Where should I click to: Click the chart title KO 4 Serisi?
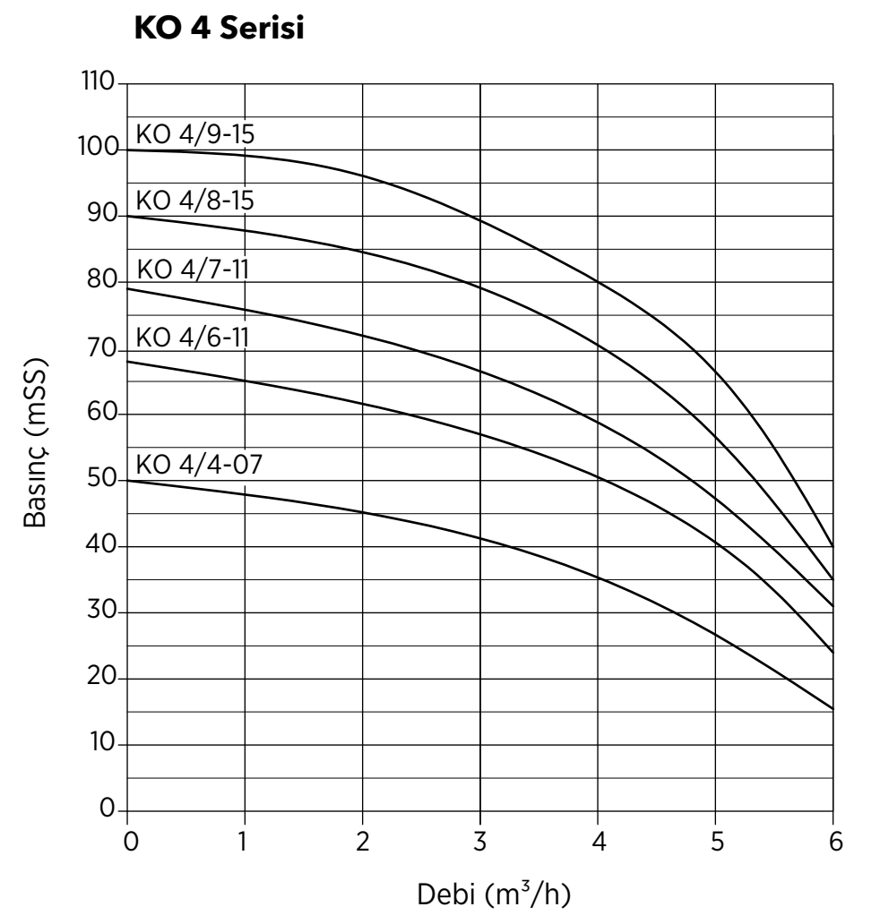(x=219, y=29)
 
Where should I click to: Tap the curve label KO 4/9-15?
(x=195, y=134)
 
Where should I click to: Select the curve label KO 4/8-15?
(x=195, y=201)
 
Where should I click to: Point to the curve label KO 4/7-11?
(x=193, y=269)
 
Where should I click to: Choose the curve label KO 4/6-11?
(x=193, y=338)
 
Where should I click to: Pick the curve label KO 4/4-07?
(x=199, y=465)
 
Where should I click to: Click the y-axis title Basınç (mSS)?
(x=35, y=442)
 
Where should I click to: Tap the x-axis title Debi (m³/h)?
(x=494, y=894)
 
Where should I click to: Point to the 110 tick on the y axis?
(x=98, y=81)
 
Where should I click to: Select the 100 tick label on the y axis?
(x=99, y=147)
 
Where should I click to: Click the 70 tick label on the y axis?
(x=103, y=347)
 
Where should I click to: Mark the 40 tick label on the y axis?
(x=102, y=543)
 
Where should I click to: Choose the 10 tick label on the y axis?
(x=103, y=742)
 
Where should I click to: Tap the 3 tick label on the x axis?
(x=480, y=842)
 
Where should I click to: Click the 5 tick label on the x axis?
(x=717, y=842)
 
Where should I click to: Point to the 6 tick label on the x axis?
(x=836, y=842)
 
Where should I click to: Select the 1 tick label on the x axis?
(x=243, y=842)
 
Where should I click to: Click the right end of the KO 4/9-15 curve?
(x=833, y=547)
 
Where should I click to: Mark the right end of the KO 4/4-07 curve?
(x=833, y=709)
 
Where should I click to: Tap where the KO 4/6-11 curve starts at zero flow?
(x=127, y=361)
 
